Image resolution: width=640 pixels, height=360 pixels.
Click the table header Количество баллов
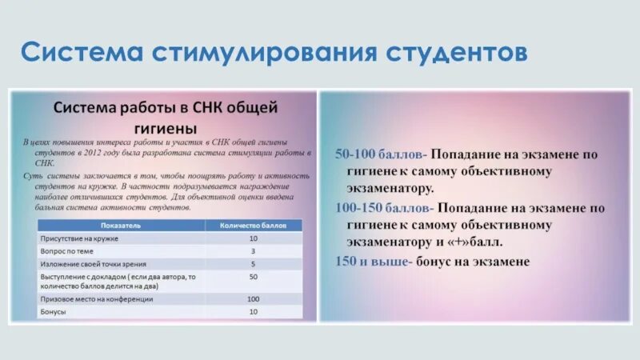[x=253, y=226]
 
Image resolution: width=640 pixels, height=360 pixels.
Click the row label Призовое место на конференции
[x=96, y=299]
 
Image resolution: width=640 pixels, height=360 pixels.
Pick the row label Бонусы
[x=53, y=311]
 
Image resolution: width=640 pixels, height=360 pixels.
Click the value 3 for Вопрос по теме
[x=253, y=250]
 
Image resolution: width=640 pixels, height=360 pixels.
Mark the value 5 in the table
[x=253, y=263]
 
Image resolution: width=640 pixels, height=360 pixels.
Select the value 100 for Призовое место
[x=253, y=299]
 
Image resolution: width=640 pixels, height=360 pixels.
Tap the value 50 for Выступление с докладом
[x=253, y=276]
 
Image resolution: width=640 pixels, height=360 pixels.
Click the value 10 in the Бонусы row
[x=253, y=311]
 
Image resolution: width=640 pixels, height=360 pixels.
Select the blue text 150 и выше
[x=374, y=261]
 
